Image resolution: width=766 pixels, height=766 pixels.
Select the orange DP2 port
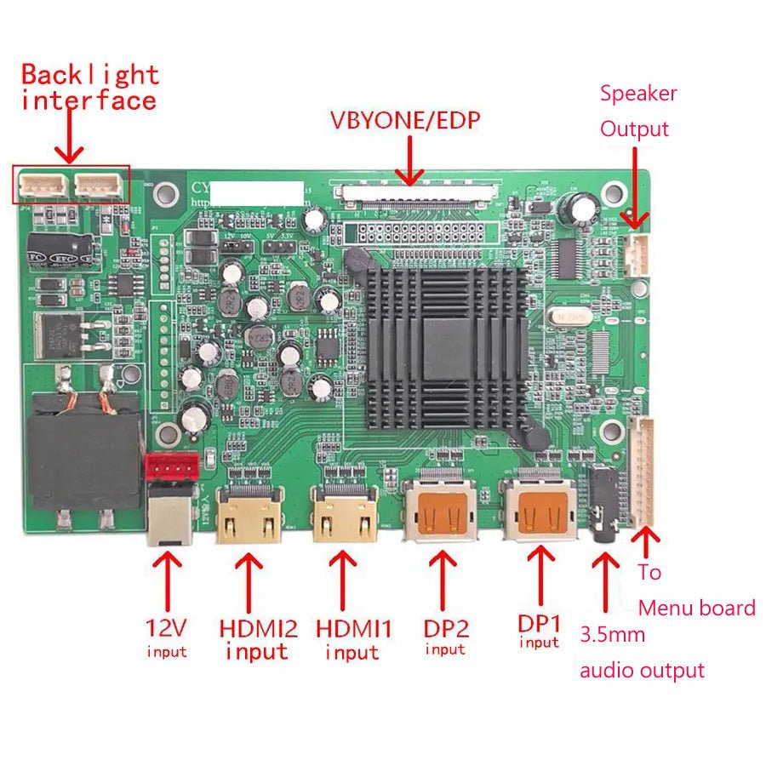click(441, 512)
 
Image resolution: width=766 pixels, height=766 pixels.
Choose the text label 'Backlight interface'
click(89, 88)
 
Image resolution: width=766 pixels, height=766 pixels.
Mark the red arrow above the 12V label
click(167, 582)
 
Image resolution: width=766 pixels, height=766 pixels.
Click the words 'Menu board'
click(696, 608)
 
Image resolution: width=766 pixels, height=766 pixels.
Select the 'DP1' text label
click(540, 622)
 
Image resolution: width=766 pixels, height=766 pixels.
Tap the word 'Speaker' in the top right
click(638, 94)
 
